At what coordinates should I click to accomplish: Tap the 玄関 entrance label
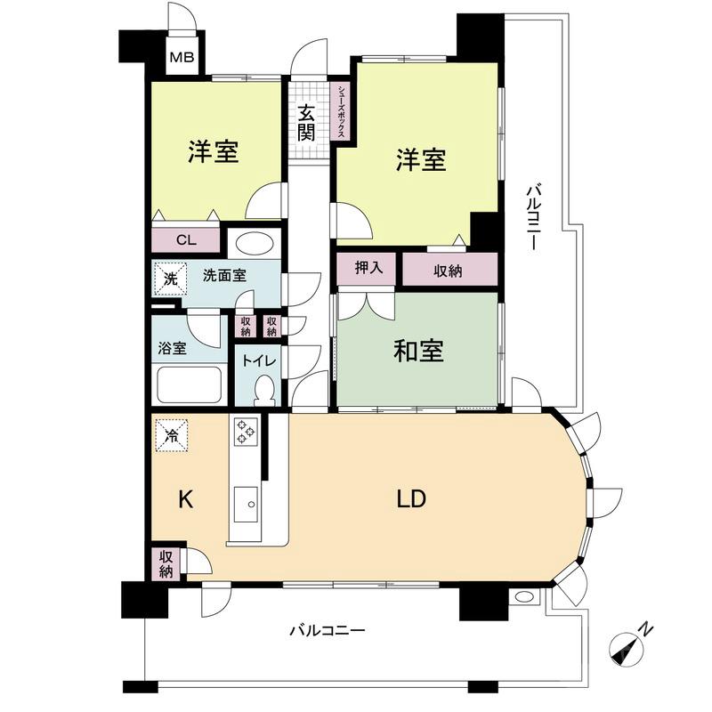307,123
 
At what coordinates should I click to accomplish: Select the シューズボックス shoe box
341,110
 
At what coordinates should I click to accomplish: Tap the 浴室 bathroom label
172,347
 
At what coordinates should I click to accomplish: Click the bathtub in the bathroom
190,387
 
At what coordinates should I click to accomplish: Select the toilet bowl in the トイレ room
264,390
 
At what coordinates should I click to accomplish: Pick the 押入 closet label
368,270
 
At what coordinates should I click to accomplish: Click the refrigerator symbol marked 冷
172,435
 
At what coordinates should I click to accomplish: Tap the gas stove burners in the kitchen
247,433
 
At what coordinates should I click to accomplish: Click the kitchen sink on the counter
245,509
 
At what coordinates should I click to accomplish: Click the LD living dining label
411,499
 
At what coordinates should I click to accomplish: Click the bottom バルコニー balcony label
327,630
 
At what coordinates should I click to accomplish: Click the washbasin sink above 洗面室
254,243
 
